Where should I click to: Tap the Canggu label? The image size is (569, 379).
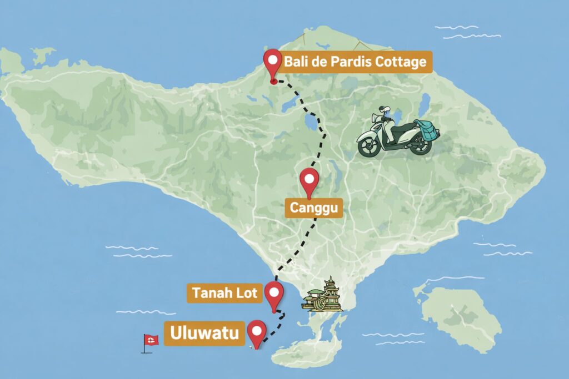314,209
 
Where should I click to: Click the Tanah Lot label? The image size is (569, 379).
224,292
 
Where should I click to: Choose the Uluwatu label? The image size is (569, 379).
204,333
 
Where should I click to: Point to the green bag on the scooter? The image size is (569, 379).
426,129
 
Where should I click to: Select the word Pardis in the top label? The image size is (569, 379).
349,61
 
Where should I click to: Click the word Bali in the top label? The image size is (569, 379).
296,61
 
